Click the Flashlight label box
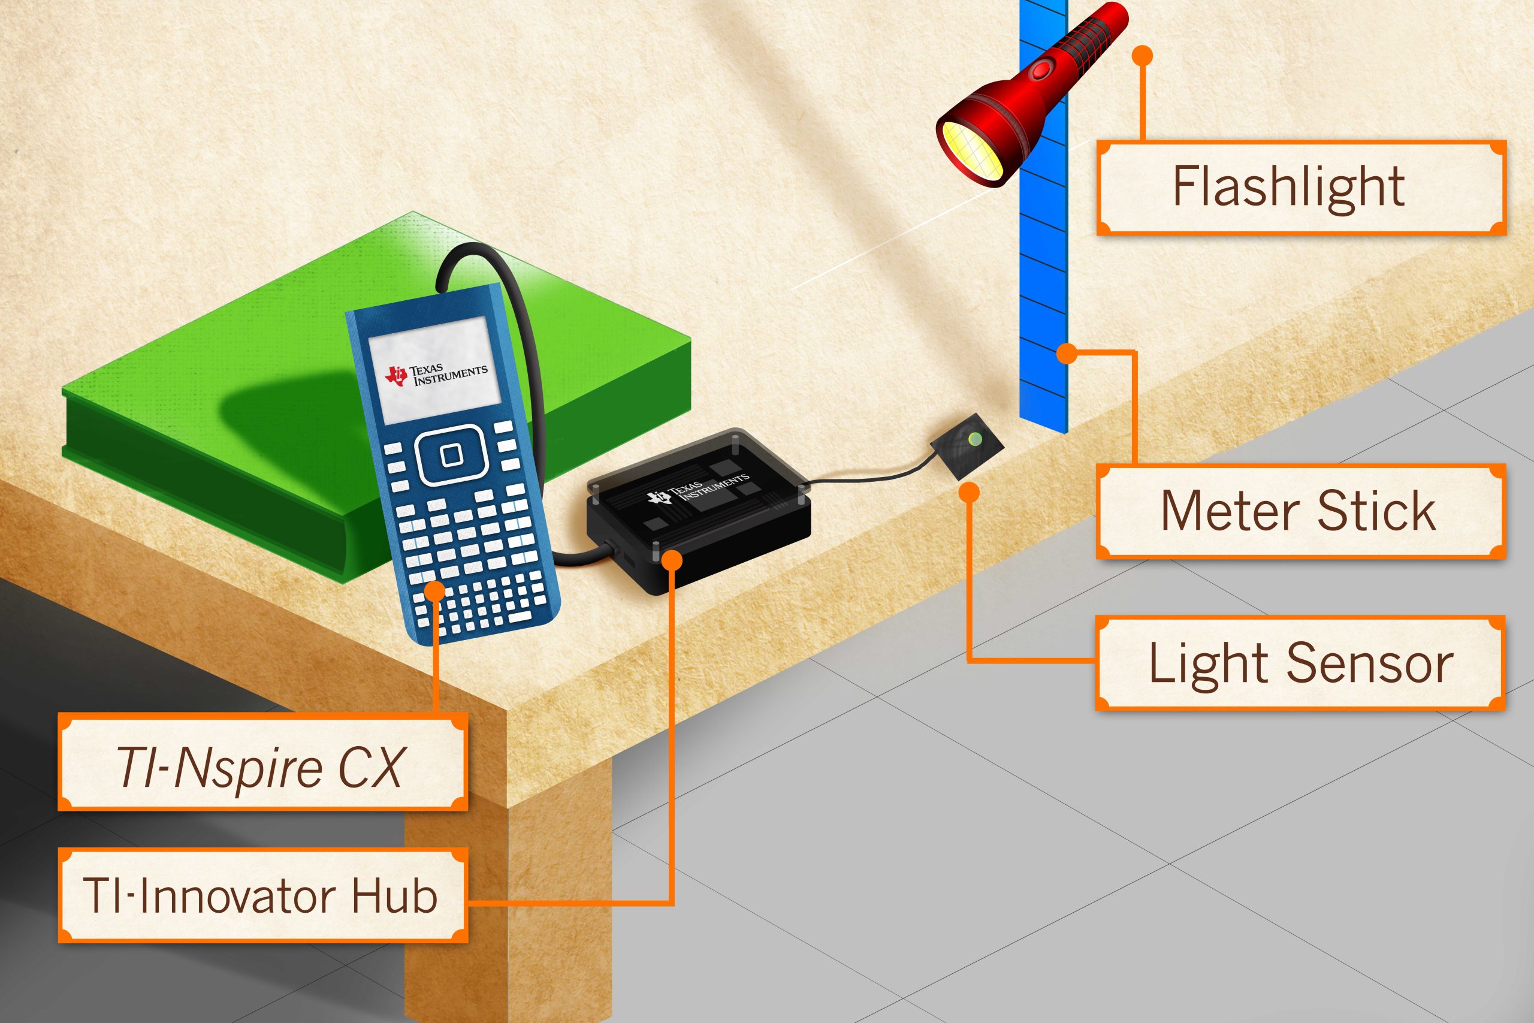pyautogui.click(x=1300, y=187)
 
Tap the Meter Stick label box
pyautogui.click(x=1300, y=512)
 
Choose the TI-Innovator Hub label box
pyautogui.click(x=262, y=896)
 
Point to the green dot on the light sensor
pyautogui.click(x=975, y=439)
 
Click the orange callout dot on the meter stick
pyautogui.click(x=1067, y=354)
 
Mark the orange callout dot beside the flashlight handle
pyautogui.click(x=1142, y=56)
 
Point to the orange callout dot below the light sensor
pyautogui.click(x=971, y=492)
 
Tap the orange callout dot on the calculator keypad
pyautogui.click(x=435, y=591)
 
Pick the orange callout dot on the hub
pyautogui.click(x=672, y=560)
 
